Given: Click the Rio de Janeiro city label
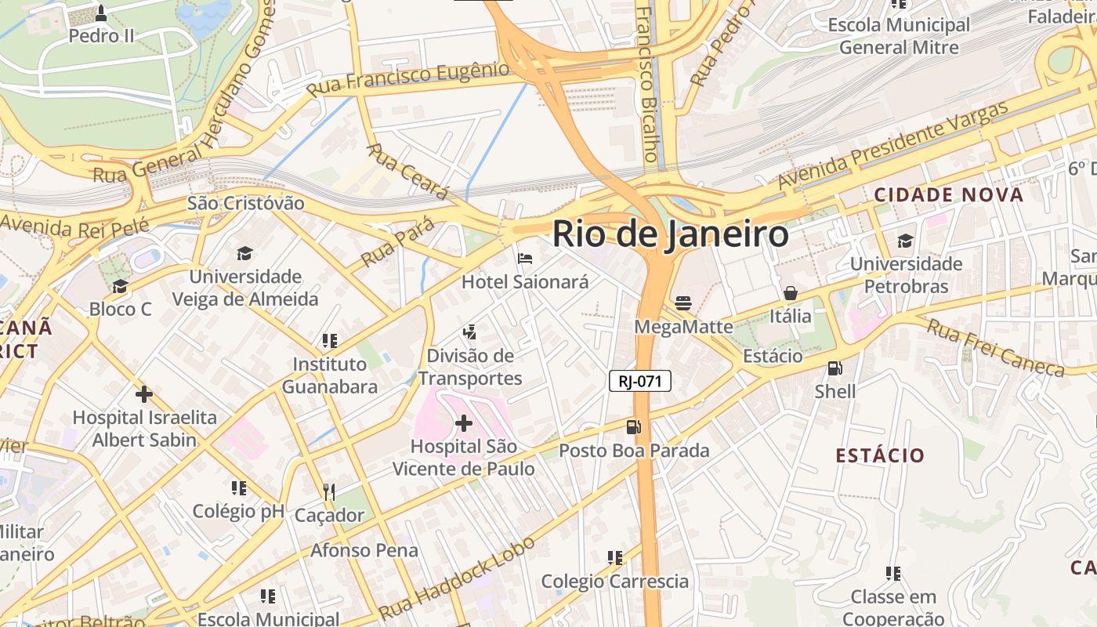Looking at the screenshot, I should [x=671, y=234].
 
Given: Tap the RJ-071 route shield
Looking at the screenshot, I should [x=640, y=382].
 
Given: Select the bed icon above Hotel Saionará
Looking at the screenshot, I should [x=525, y=258].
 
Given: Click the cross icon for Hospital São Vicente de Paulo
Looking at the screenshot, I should [x=464, y=424].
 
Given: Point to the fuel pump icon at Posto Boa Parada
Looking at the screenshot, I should [x=633, y=427].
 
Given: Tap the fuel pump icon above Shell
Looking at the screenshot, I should [x=835, y=368].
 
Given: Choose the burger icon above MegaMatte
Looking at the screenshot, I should [x=683, y=303].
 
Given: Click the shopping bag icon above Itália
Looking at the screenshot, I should [x=791, y=293].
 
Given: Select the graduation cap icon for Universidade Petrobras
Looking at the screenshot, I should [x=906, y=241].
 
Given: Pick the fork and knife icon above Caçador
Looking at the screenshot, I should [x=329, y=492].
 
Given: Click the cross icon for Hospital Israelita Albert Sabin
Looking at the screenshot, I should [x=144, y=394].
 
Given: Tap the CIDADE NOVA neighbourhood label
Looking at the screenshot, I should [x=949, y=195].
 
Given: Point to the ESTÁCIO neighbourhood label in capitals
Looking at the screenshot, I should [x=880, y=455].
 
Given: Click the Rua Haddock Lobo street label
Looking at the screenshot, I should [x=457, y=578].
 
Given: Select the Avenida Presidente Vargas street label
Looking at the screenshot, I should [x=892, y=146].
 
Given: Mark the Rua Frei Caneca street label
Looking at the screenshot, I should [x=995, y=348].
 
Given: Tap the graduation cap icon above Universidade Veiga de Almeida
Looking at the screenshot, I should [x=244, y=253].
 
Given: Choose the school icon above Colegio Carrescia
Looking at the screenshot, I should [x=615, y=558].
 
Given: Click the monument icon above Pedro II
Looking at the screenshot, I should [x=101, y=13].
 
